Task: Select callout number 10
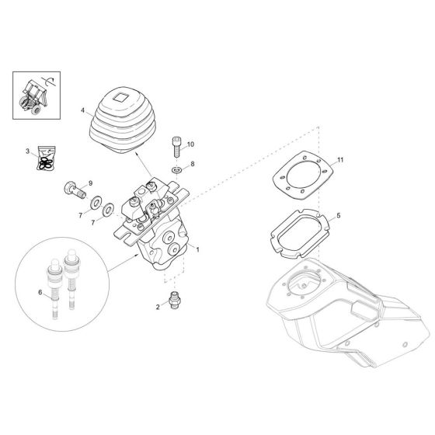tap(191, 144)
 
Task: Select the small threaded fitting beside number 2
tap(176, 299)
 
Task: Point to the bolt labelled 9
tap(69, 188)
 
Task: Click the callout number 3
tap(26, 151)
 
